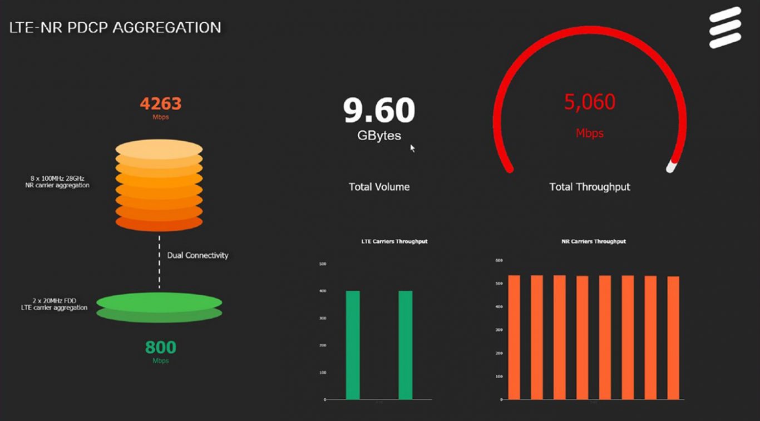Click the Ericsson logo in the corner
725,27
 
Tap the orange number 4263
160,103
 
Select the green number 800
160,348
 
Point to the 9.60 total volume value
379,110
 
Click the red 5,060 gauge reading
590,102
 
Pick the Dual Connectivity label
198,255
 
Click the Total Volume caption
379,187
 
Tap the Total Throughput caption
590,187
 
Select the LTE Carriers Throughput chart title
394,241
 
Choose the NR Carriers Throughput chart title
594,241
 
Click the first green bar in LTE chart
353,345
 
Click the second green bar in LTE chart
406,345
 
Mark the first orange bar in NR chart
514,337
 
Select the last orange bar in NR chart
673,338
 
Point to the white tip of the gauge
672,167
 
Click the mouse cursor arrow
413,148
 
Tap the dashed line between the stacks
159,261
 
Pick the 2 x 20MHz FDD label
54,304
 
